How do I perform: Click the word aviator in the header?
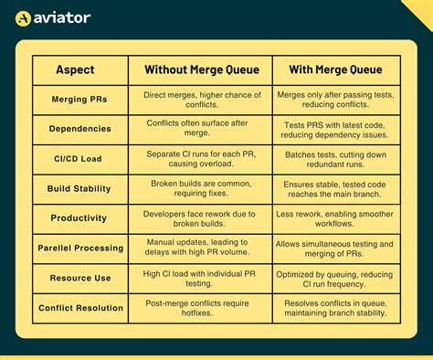point(61,17)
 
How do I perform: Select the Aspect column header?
point(75,69)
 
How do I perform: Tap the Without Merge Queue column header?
point(201,69)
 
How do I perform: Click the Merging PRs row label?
point(76,99)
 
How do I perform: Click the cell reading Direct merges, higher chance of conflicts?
point(201,99)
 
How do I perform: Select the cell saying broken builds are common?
point(201,188)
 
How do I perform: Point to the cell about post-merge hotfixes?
point(201,308)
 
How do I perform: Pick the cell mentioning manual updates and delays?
point(201,248)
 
